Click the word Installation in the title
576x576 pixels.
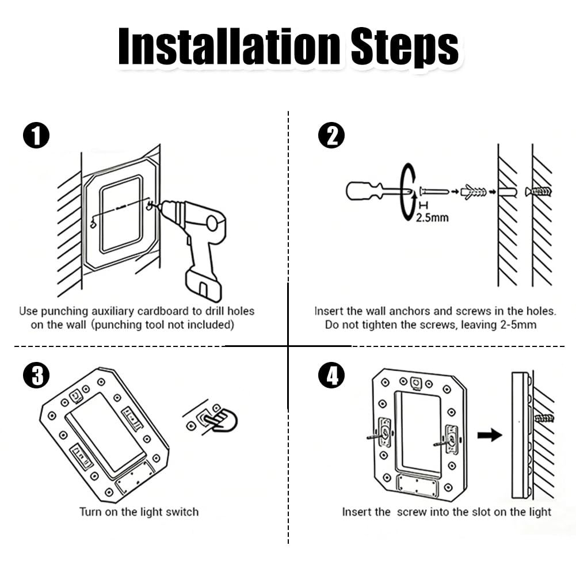(229, 47)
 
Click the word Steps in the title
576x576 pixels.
(405, 48)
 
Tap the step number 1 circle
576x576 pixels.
(36, 135)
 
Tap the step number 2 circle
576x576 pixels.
(331, 135)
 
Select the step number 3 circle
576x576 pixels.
(36, 375)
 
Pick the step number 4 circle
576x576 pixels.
(331, 375)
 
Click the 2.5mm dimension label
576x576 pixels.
(432, 218)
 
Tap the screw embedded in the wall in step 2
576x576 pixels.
(539, 192)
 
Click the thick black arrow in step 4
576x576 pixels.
(490, 435)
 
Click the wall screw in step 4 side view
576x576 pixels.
(544, 418)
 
